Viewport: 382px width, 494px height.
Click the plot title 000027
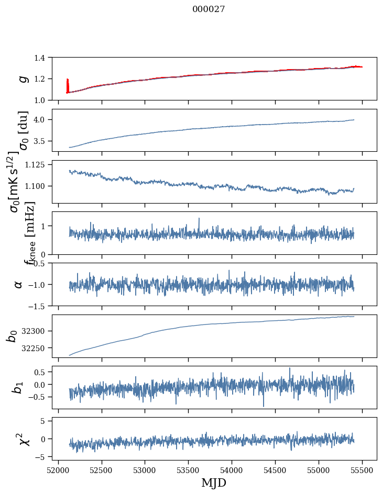(209, 9)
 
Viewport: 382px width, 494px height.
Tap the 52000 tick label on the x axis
(58, 469)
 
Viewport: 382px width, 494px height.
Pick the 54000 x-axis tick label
(232, 469)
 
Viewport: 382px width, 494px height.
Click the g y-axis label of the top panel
(23, 78)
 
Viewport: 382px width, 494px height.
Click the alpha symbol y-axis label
(18, 284)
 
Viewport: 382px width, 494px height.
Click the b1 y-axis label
(18, 387)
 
